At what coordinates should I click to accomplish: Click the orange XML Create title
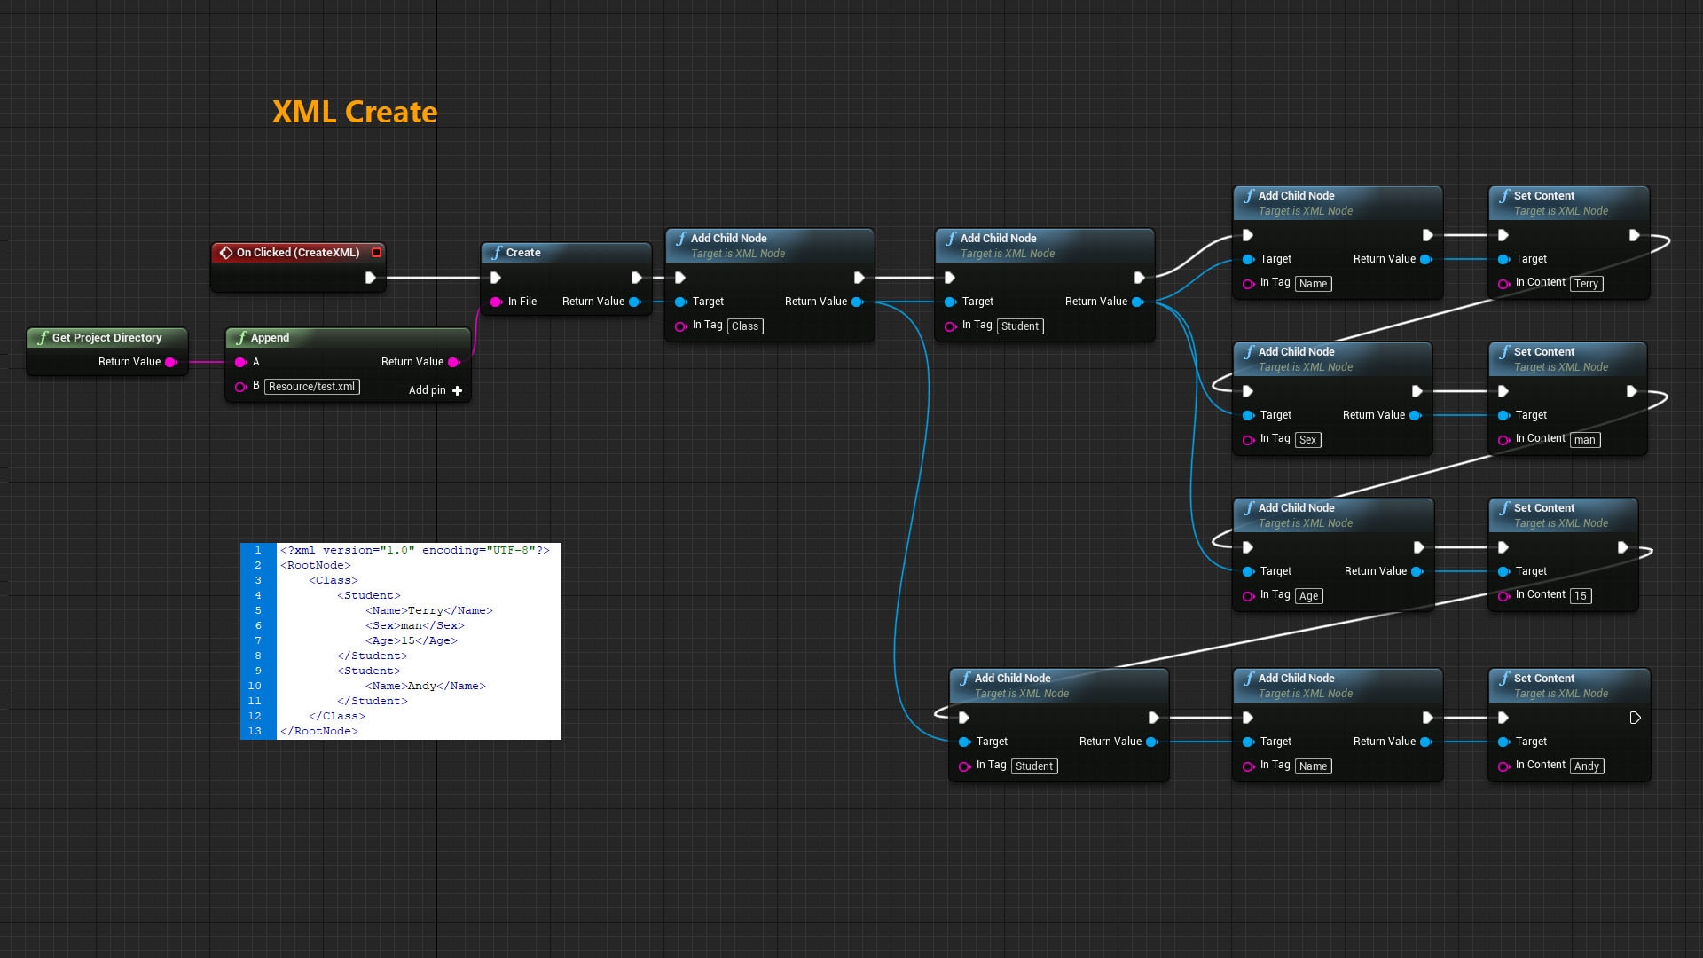pyautogui.click(x=354, y=112)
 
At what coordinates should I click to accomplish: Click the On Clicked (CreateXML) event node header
pyautogui.click(x=297, y=253)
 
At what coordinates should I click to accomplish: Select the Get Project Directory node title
pyautogui.click(x=106, y=338)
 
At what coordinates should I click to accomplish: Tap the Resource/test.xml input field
pyautogui.click(x=311, y=387)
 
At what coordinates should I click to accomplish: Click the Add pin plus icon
pyautogui.click(x=457, y=390)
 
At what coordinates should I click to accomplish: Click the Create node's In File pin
pyautogui.click(x=496, y=302)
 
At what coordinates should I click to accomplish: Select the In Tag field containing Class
pyautogui.click(x=745, y=326)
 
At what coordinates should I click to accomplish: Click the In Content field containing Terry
pyautogui.click(x=1586, y=284)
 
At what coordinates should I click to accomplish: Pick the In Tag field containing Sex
pyautogui.click(x=1307, y=440)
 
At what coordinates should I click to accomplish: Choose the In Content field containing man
pyautogui.click(x=1584, y=440)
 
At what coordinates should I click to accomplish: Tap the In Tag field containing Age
pyautogui.click(x=1308, y=596)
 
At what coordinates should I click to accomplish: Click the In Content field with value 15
pyautogui.click(x=1581, y=596)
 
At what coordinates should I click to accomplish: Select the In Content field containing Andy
pyautogui.click(x=1587, y=766)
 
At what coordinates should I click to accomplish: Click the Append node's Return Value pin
pyautogui.click(x=454, y=362)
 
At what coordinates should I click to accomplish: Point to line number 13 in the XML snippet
pyautogui.click(x=255, y=732)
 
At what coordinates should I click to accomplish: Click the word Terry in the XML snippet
pyautogui.click(x=425, y=611)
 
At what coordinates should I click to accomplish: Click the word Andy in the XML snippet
pyautogui.click(x=422, y=687)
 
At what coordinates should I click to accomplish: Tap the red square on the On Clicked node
pyautogui.click(x=376, y=253)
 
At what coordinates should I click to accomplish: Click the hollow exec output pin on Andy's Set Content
pyautogui.click(x=1635, y=718)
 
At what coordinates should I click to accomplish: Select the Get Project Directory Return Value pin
pyautogui.click(x=171, y=362)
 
